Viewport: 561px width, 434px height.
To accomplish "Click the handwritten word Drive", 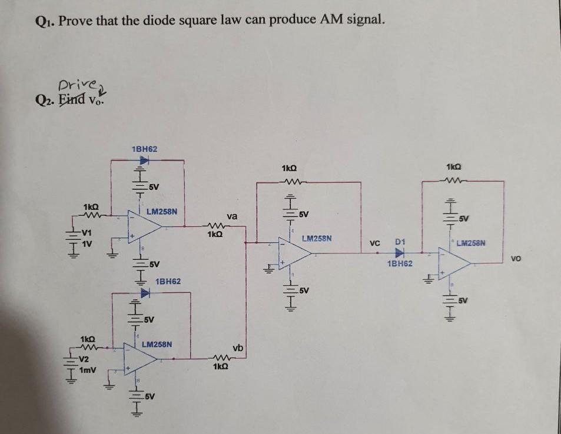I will pos(74,86).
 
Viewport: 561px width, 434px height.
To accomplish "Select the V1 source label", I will pos(88,231).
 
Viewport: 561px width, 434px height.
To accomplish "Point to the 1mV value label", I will pos(89,369).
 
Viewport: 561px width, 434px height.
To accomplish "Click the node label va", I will pos(231,216).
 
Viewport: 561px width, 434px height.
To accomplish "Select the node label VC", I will pos(374,242).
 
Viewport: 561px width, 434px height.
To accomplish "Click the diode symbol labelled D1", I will pos(401,253).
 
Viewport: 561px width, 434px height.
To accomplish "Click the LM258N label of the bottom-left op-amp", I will pos(157,342).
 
